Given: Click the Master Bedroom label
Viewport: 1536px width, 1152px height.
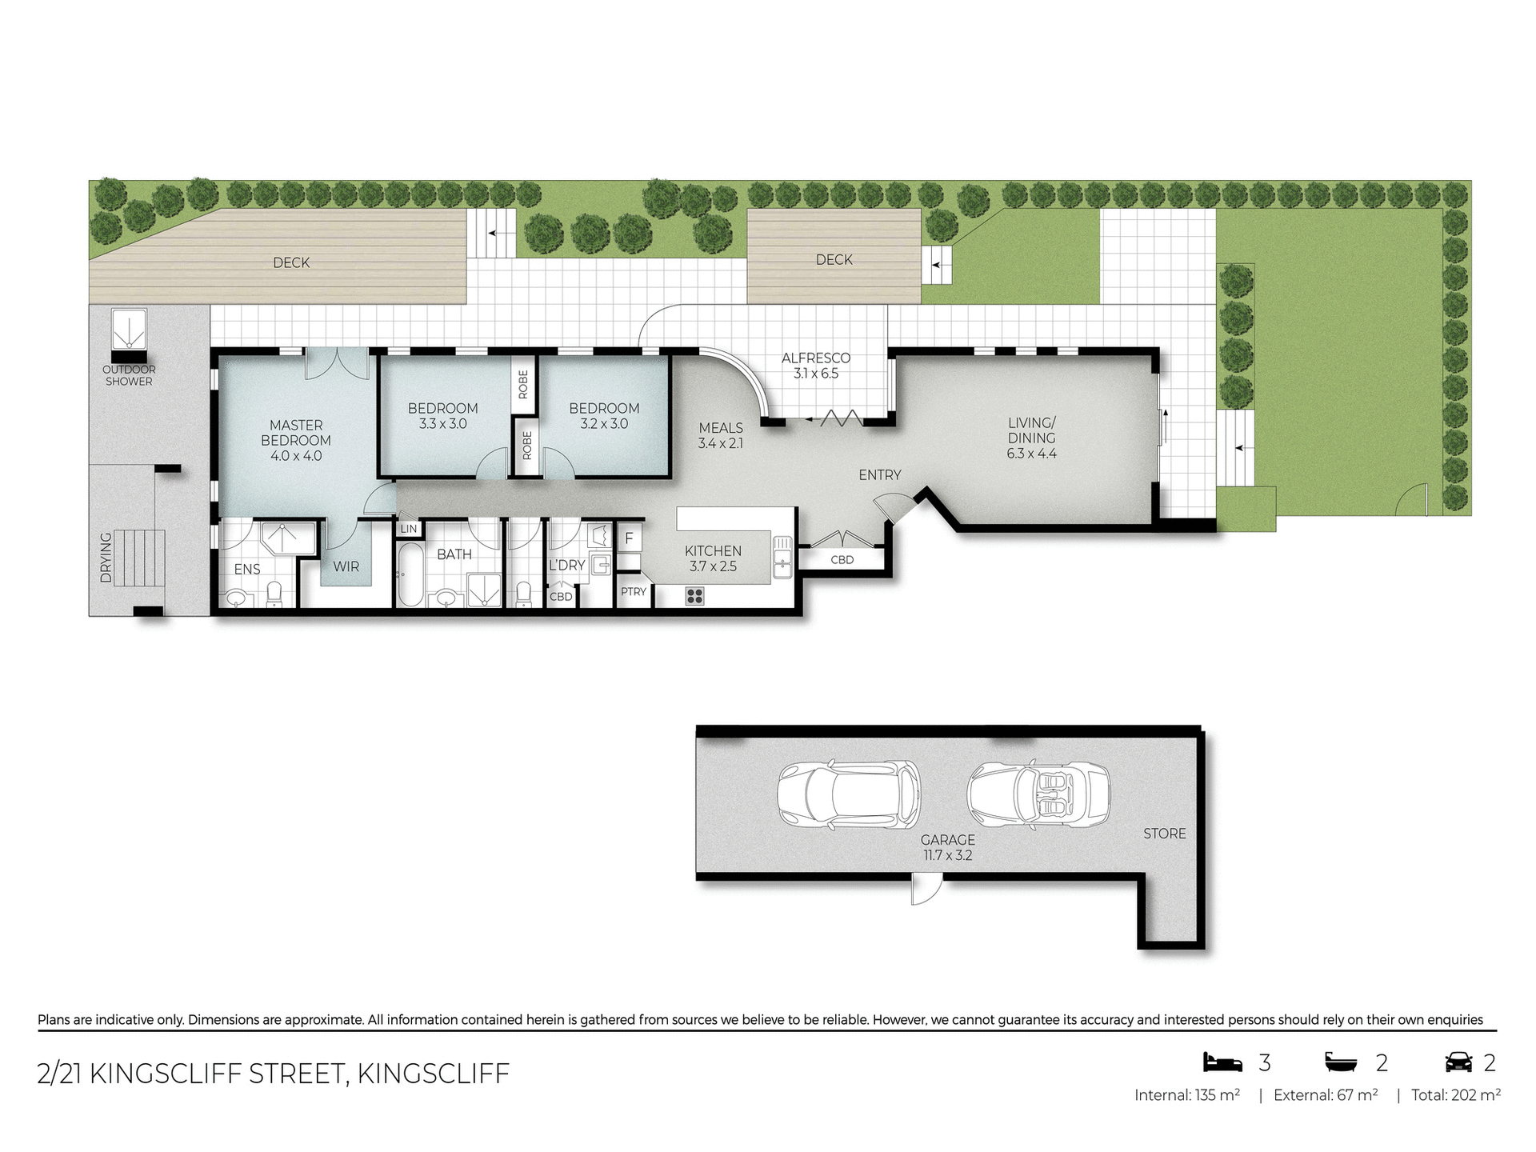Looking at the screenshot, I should [295, 440].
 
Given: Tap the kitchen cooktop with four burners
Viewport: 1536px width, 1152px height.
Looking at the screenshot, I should [694, 595].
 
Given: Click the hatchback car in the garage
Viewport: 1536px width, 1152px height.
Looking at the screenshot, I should [848, 794].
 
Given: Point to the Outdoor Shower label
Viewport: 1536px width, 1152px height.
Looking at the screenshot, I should [129, 375].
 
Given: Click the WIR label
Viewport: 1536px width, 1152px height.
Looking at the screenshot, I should [346, 566].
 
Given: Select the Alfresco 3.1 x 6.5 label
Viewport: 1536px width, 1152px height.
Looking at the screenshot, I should [816, 366].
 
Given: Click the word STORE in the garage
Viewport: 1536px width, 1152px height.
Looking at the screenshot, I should [1164, 834].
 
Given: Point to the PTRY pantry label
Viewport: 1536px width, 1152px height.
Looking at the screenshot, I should [633, 592].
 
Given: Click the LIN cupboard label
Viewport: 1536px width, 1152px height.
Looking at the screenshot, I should [408, 529].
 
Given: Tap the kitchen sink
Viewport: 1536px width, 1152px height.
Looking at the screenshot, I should [782, 557].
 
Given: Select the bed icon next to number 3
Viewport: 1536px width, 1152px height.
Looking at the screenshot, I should [1223, 1062].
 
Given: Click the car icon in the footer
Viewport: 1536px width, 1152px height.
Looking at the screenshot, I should [1458, 1062].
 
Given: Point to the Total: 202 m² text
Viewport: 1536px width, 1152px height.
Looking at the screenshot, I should [1455, 1095].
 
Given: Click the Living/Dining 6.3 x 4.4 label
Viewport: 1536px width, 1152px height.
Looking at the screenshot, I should [1031, 438].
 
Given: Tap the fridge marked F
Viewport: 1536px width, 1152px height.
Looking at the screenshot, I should [629, 538].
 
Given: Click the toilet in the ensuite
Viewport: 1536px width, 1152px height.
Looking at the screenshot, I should [274, 594].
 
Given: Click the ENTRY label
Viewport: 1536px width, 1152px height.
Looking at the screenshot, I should [879, 475].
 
